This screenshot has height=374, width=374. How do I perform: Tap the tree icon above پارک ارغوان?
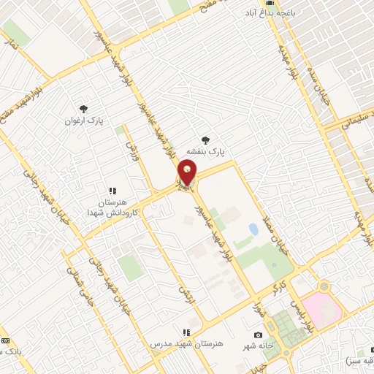pyautogui.click(x=83, y=109)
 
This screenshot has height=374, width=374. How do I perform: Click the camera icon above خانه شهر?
pyautogui.click(x=259, y=335)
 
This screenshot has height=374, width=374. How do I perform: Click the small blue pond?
pyautogui.click(x=253, y=229)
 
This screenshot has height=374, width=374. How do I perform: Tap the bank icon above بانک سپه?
pyautogui.click(x=5, y=340)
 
